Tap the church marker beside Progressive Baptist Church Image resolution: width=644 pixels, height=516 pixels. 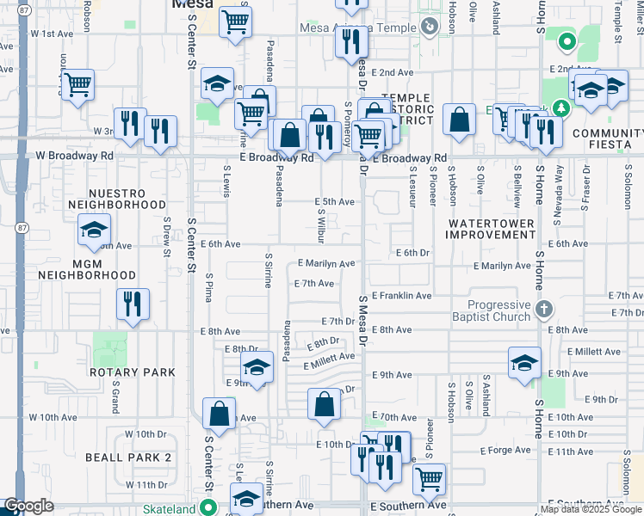pyautogui.click(x=543, y=309)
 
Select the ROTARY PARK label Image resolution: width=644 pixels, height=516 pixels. pyautogui.click(x=133, y=372)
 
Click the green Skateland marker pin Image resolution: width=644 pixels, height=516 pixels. pyautogui.click(x=207, y=507)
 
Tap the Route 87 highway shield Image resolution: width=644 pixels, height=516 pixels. pyautogui.click(x=20, y=227)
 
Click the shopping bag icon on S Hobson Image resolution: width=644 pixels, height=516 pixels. pyautogui.click(x=460, y=120)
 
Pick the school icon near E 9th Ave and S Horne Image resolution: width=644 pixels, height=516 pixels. pyautogui.click(x=523, y=362)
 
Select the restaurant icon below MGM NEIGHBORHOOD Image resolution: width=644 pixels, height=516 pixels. pyautogui.click(x=133, y=304)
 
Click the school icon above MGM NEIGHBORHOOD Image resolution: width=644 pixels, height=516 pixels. pyautogui.click(x=94, y=230)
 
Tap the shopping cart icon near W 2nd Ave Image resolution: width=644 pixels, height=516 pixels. pyautogui.click(x=77, y=85)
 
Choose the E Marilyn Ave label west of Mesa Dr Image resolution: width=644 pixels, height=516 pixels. pyautogui.click(x=326, y=264)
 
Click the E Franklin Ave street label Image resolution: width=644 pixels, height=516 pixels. pyautogui.click(x=401, y=296)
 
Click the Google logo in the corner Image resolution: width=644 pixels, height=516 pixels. pyautogui.click(x=28, y=507)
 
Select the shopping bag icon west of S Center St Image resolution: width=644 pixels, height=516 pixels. pyautogui.click(x=220, y=414)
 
